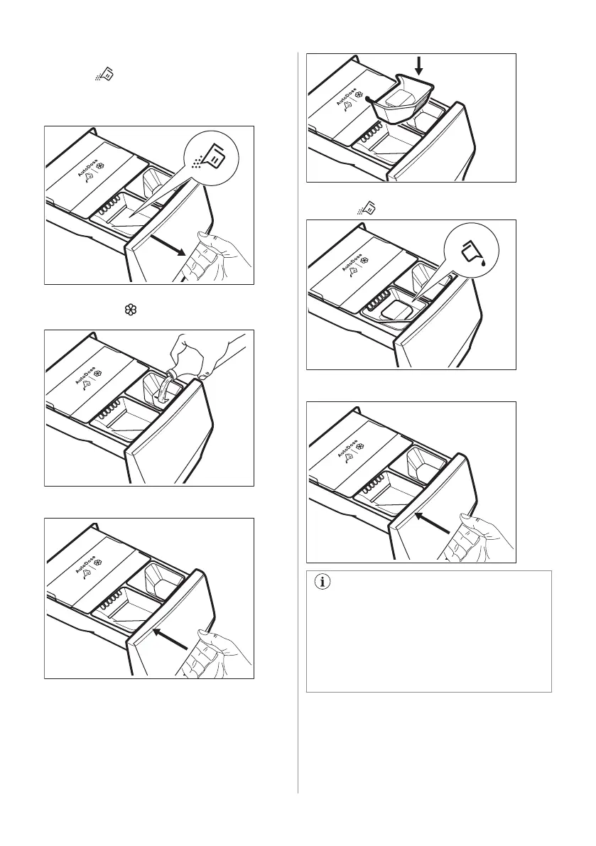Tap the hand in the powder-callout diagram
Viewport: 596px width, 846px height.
[216, 257]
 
